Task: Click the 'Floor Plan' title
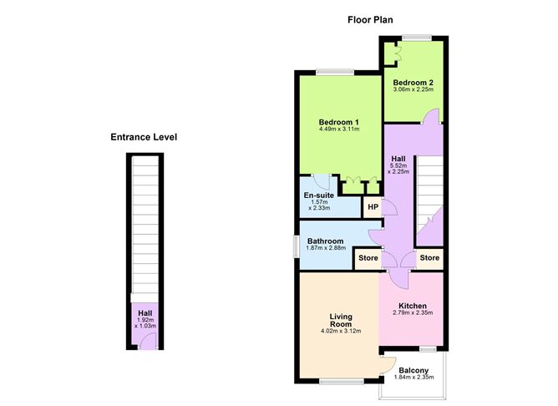point(370,19)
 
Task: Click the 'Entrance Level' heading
point(144,137)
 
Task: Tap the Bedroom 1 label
point(339,122)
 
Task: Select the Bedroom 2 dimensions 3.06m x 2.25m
point(413,89)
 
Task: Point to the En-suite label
point(319,195)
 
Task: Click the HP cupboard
point(373,206)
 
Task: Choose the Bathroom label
point(325,241)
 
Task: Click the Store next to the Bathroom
point(368,257)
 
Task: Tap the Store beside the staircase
point(429,257)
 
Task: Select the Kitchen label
point(413,306)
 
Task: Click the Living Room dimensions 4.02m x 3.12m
point(341,331)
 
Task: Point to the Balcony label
point(413,370)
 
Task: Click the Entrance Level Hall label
point(145,313)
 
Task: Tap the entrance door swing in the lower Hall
point(147,341)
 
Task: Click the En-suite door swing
point(322,182)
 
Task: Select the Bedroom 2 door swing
point(431,116)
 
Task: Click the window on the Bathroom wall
point(296,246)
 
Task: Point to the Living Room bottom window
point(342,382)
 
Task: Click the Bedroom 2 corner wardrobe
point(391,53)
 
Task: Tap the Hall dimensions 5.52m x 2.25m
point(398,169)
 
